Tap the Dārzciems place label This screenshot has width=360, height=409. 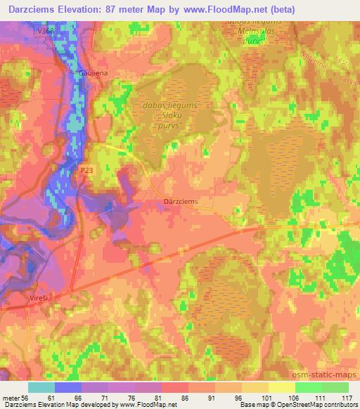181,200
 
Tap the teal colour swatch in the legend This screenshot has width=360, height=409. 41,387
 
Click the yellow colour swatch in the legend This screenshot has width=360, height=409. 282,387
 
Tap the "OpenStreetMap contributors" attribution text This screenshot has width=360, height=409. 319,405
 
